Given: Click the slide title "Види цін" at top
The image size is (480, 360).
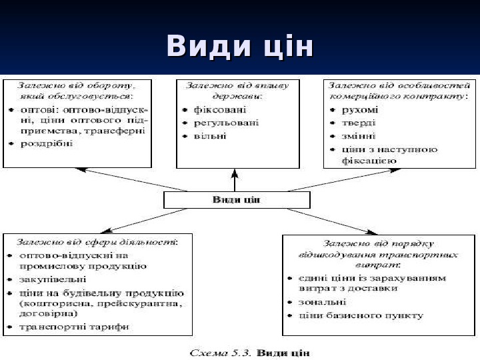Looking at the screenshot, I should pyautogui.click(x=239, y=47).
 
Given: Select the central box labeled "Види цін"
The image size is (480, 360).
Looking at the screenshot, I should pyautogui.click(x=235, y=199).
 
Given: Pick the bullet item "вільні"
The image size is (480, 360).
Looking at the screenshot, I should pyautogui.click(x=210, y=136).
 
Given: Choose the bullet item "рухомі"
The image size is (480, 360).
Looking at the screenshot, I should pyautogui.click(x=359, y=109).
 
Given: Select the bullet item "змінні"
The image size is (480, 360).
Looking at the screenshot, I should pyautogui.click(x=359, y=136).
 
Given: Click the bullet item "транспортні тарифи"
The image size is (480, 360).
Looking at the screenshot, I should pyautogui.click(x=74, y=327).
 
